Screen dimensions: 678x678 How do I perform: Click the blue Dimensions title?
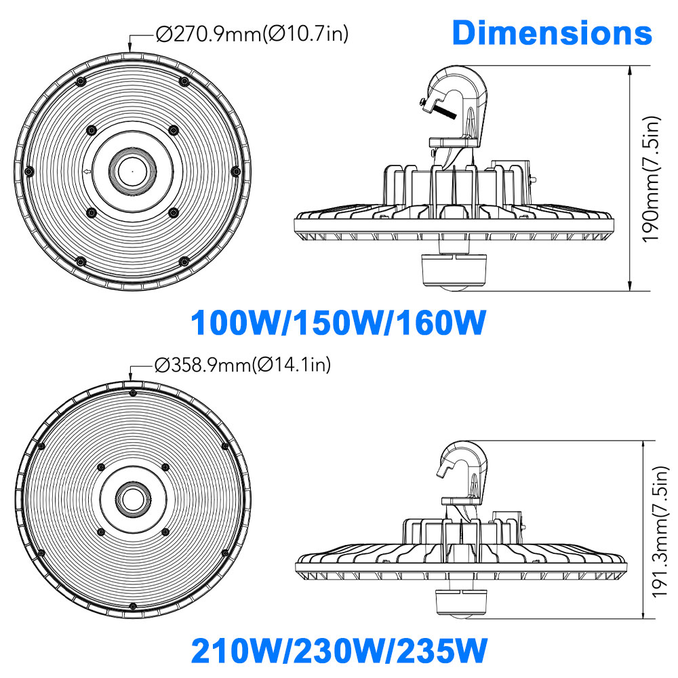click(x=552, y=33)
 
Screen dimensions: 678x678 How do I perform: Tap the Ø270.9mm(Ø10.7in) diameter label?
click(x=252, y=34)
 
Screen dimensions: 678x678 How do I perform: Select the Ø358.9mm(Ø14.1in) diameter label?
click(x=243, y=366)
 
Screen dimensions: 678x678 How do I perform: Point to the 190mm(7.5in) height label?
click(x=652, y=180)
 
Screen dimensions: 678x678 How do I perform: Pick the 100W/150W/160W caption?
click(x=338, y=323)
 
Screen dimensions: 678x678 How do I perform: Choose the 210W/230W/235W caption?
click(x=338, y=652)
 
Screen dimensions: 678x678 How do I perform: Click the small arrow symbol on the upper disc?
click(x=87, y=173)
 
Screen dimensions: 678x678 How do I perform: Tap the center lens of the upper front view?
click(x=130, y=172)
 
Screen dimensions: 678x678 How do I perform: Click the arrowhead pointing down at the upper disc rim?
click(x=130, y=49)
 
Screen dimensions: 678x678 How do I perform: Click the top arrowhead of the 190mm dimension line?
click(x=632, y=71)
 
